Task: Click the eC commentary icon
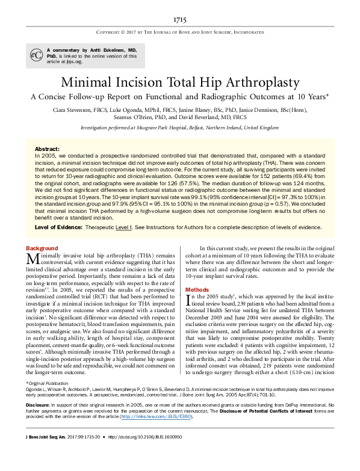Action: [x=36, y=54]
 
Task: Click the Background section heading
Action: [x=42, y=248]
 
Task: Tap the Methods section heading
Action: [x=197, y=289]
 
